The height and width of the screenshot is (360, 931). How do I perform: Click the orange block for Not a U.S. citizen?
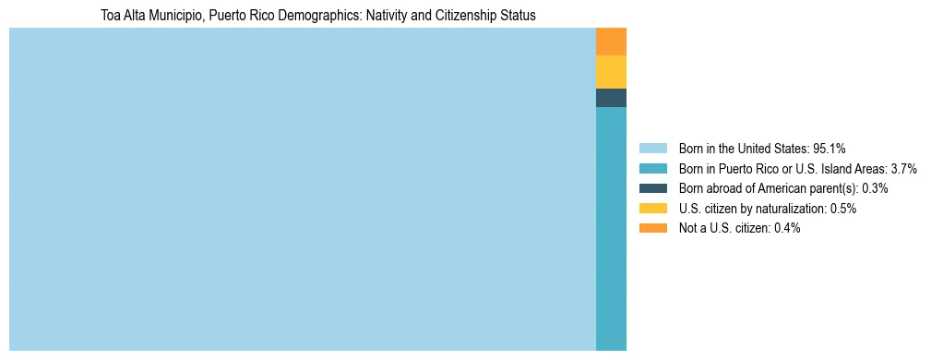coord(611,42)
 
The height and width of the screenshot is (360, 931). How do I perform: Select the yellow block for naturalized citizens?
coord(611,72)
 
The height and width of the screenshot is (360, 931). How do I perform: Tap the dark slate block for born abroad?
coord(611,98)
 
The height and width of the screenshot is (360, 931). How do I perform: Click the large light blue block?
coord(303,189)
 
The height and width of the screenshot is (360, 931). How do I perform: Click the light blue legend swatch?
coord(652,149)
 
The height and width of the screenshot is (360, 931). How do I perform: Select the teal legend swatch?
coord(652,169)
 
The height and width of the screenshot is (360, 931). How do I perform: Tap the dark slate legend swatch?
coord(652,188)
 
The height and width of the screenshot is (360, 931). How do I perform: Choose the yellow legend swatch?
coord(652,209)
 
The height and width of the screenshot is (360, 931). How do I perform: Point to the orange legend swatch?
coord(652,228)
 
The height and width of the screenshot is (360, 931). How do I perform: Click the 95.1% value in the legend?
coord(830,149)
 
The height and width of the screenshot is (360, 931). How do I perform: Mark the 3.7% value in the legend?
coord(900,169)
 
